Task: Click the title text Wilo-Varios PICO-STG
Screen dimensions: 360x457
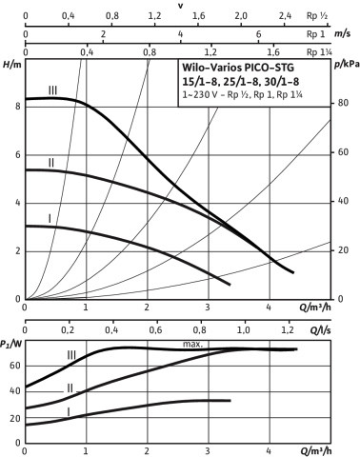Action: (238, 68)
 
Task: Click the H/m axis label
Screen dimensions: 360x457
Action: (11, 65)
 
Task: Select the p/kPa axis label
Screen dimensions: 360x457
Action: (347, 65)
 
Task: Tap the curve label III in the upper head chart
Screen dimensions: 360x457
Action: (52, 90)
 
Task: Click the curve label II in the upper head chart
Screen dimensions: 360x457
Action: (50, 163)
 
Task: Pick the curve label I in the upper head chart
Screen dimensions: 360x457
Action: (50, 219)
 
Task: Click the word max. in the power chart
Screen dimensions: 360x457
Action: (192, 344)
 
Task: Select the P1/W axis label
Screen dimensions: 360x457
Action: (11, 344)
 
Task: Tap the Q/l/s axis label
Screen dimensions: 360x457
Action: (320, 330)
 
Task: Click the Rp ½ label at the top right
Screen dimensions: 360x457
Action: (317, 15)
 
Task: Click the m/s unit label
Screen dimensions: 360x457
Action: (343, 34)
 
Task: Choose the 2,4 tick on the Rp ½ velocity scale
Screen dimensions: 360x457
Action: (285, 15)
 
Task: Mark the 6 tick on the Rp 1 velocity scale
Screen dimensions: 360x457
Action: (259, 34)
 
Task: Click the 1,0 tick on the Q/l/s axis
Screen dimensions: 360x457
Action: (244, 330)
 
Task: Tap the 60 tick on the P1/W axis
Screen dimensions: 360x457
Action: (15, 366)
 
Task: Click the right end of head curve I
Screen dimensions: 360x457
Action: (230, 285)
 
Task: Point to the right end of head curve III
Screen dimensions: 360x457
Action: (293, 272)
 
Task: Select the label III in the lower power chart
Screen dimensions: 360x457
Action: (71, 355)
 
